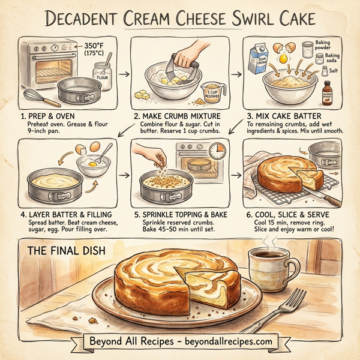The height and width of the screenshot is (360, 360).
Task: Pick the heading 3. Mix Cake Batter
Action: tap(284, 115)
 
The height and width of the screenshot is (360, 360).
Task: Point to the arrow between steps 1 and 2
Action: tap(124, 74)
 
